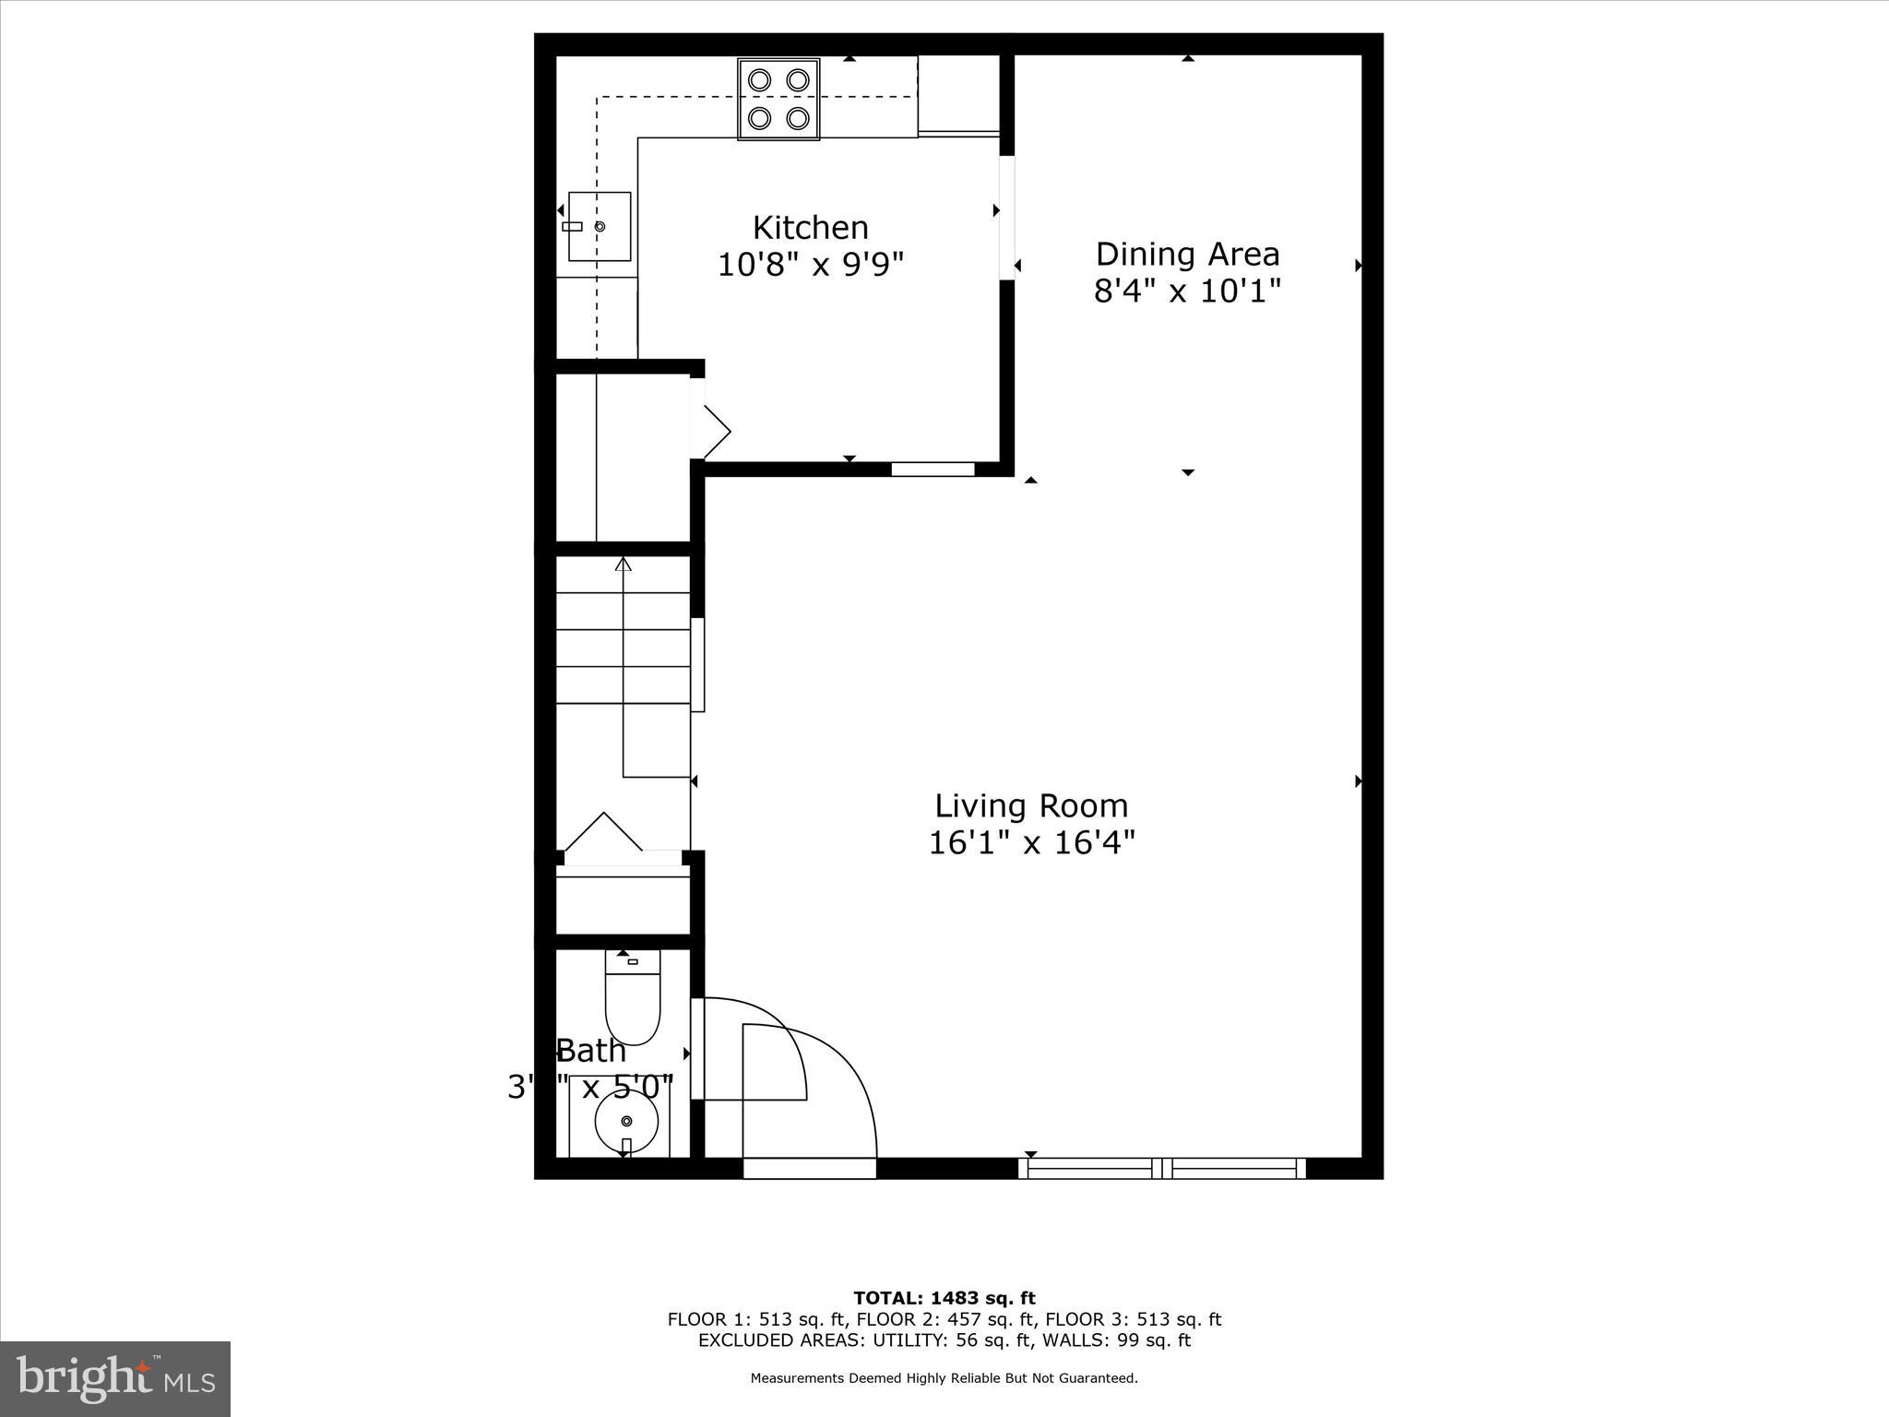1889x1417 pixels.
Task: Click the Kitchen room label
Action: click(x=810, y=228)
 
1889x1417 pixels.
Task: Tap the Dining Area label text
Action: click(x=1187, y=254)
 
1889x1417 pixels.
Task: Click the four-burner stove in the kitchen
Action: click(x=778, y=99)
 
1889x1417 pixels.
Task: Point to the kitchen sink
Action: click(x=600, y=226)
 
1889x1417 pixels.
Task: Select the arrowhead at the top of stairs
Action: click(x=624, y=564)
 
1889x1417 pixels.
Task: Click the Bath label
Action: click(x=591, y=1051)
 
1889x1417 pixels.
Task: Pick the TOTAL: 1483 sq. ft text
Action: click(x=944, y=1299)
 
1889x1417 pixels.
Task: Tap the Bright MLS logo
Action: click(x=115, y=1378)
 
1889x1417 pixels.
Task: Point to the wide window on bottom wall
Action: click(x=1162, y=1168)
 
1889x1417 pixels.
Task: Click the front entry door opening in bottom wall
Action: click(x=809, y=1168)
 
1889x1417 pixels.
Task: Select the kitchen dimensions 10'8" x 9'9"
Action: click(x=810, y=266)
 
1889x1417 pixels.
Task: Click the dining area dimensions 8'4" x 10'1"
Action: click(x=1187, y=292)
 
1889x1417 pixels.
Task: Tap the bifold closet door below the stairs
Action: click(x=604, y=834)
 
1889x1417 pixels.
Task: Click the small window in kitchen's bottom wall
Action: click(x=933, y=469)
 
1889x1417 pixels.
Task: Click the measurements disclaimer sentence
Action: click(x=944, y=1378)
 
